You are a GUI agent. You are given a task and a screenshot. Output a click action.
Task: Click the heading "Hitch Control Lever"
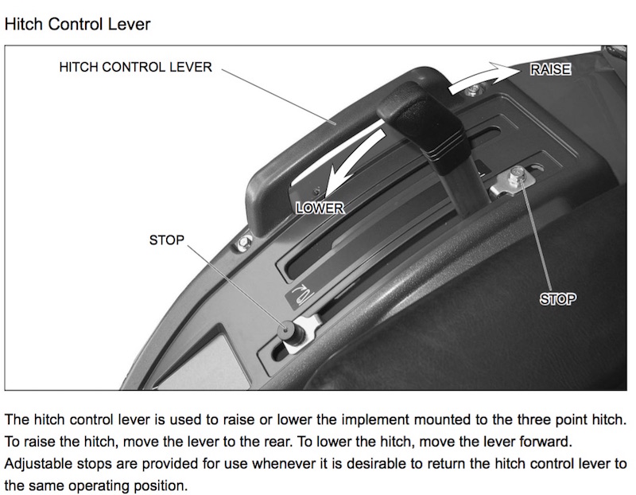click(x=77, y=25)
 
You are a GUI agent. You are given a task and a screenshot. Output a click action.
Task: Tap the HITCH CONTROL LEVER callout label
click(x=135, y=67)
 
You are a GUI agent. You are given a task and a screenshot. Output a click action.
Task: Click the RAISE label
click(x=550, y=69)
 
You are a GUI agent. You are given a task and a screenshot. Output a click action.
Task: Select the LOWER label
click(x=320, y=208)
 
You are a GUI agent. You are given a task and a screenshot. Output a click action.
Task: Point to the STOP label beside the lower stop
click(x=167, y=240)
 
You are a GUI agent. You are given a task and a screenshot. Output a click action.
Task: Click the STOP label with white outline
click(x=558, y=299)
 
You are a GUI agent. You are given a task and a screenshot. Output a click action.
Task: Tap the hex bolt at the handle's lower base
click(x=244, y=243)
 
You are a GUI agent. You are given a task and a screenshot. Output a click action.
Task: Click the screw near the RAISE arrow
click(x=471, y=90)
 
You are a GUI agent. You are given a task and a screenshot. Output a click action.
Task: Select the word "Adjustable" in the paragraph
click(x=38, y=464)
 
